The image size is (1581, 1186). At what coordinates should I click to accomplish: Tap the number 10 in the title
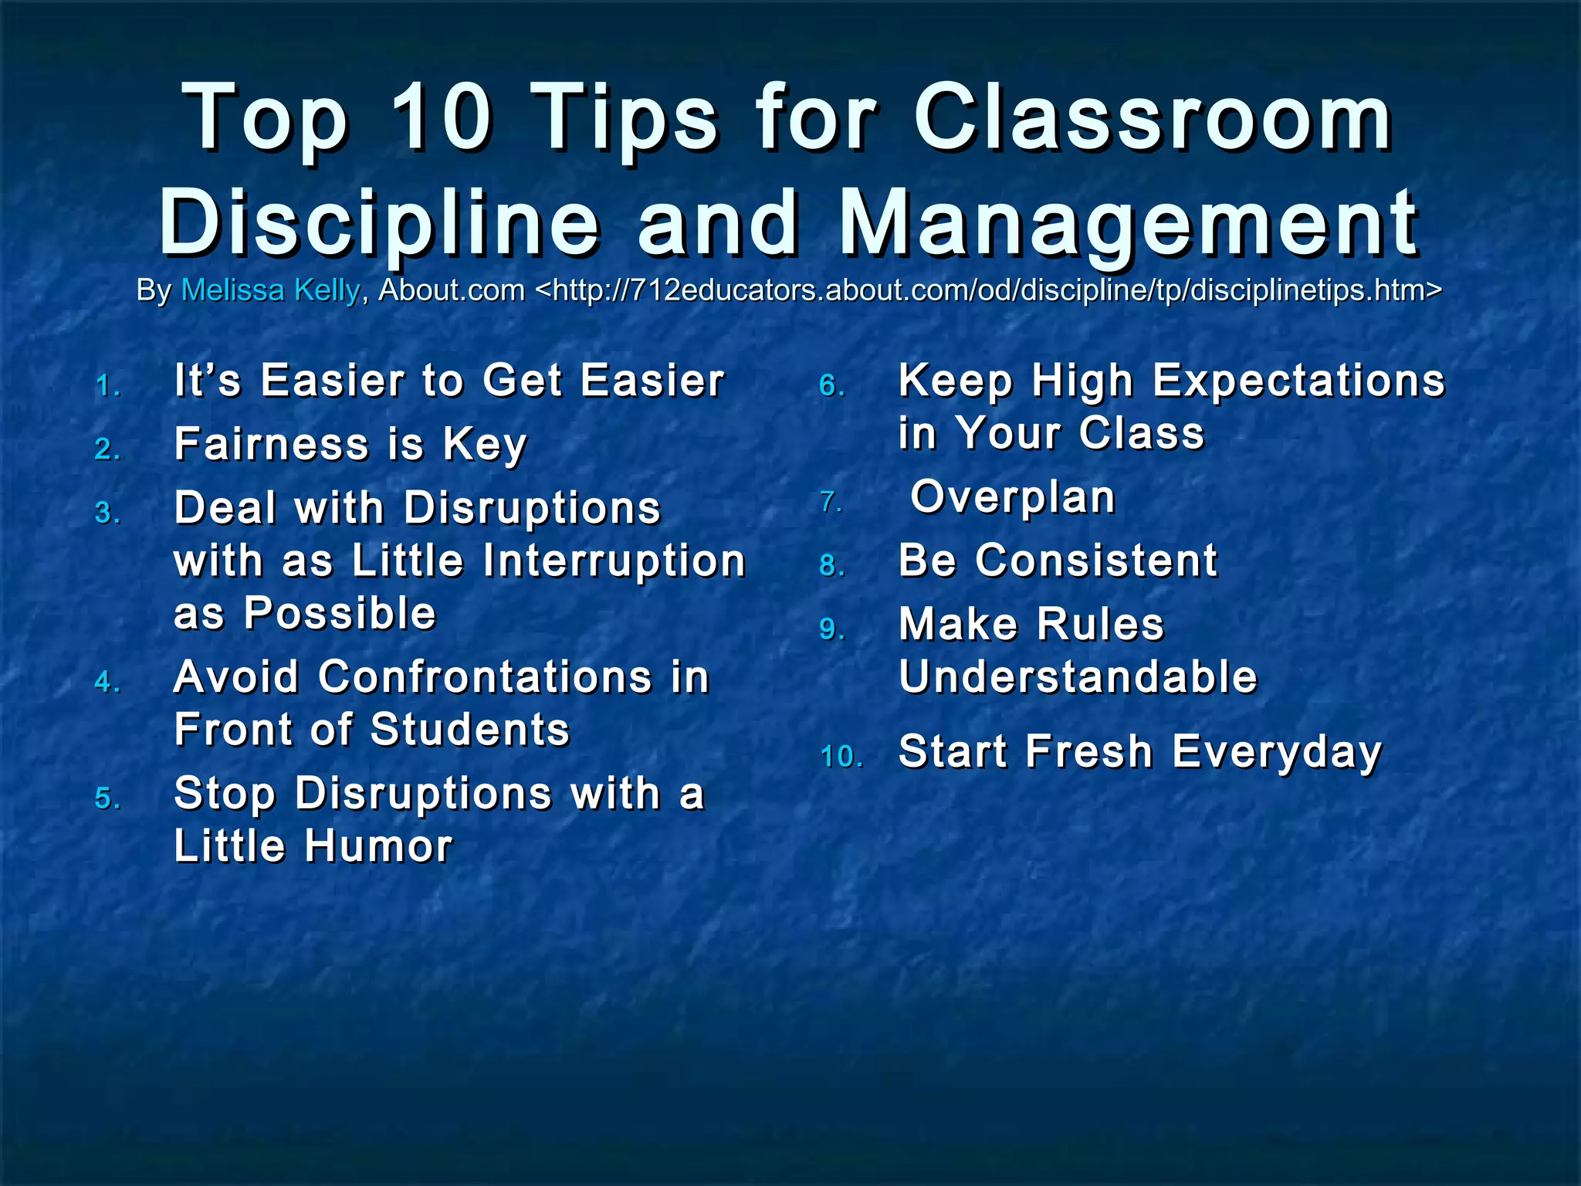(x=442, y=120)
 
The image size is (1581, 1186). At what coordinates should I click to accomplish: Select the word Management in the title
(x=1128, y=224)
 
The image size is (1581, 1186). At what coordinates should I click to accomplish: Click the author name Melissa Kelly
(x=270, y=290)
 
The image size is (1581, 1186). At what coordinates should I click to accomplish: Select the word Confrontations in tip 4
(x=486, y=677)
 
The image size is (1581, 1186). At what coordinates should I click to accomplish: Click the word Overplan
(x=1013, y=496)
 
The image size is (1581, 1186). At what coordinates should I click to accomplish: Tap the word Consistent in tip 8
(x=1096, y=560)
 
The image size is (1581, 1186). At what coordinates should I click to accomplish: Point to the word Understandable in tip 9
(x=1078, y=677)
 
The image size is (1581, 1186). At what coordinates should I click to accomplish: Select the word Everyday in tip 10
(x=1277, y=751)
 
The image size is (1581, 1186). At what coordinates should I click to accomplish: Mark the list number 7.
(x=831, y=503)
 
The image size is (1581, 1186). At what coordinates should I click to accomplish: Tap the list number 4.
(x=107, y=683)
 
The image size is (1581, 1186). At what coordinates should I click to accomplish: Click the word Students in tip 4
(x=470, y=730)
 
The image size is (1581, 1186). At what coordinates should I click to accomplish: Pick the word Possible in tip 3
(x=340, y=613)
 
